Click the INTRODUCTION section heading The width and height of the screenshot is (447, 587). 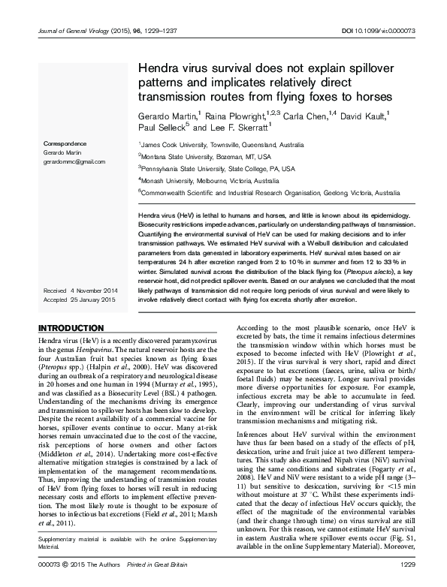(x=71, y=328)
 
